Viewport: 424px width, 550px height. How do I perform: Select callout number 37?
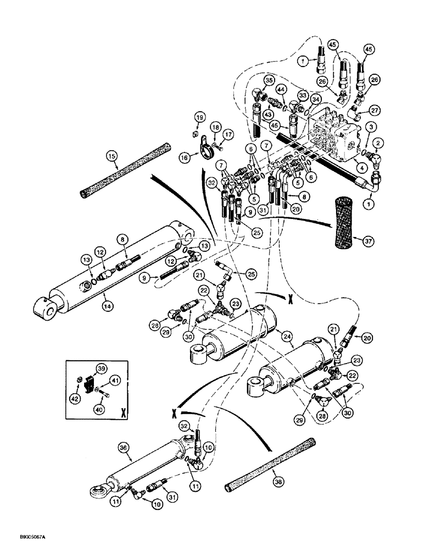(x=360, y=239)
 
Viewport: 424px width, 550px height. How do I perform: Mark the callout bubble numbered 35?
(x=268, y=80)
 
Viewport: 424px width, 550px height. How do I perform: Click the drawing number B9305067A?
(x=22, y=543)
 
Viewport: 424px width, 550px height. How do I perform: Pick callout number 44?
(x=281, y=89)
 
